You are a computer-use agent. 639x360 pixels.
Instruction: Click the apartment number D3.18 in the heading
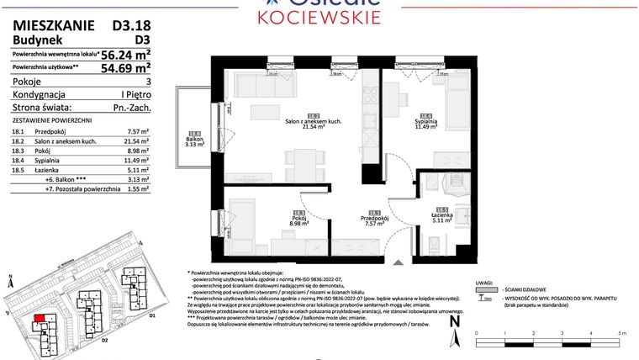132,26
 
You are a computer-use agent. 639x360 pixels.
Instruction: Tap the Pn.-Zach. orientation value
130,108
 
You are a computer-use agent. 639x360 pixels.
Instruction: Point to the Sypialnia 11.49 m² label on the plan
426,122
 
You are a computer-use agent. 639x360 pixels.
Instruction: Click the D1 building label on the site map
152,315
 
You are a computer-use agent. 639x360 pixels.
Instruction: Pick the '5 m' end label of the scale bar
621,334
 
